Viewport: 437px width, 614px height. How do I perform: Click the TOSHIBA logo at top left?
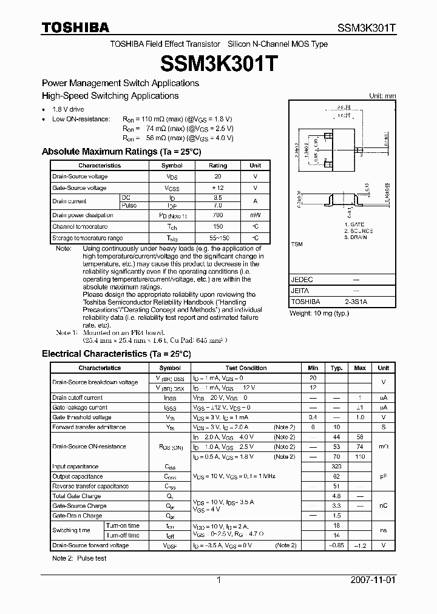[x=75, y=27]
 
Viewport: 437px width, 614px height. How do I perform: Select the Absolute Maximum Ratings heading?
[x=121, y=152]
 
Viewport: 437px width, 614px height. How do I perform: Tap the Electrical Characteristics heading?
[x=116, y=354]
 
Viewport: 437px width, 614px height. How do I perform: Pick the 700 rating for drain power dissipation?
[x=218, y=215]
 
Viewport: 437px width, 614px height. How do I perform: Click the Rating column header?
[x=218, y=166]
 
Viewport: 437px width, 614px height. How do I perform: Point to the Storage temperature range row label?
[x=87, y=238]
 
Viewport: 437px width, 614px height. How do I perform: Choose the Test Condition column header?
[x=246, y=368]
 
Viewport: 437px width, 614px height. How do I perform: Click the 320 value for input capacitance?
[x=337, y=467]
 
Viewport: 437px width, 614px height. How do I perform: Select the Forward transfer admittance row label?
[x=89, y=427]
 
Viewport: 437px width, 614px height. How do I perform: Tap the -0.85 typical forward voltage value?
[x=337, y=545]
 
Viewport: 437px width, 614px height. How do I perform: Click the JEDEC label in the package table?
[x=302, y=280]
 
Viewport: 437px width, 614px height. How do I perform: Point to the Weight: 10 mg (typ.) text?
[x=319, y=313]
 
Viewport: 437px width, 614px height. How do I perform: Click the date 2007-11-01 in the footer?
[x=373, y=580]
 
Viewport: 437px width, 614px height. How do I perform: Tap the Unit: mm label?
[x=382, y=96]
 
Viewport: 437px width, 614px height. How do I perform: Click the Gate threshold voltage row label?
[x=82, y=417]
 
